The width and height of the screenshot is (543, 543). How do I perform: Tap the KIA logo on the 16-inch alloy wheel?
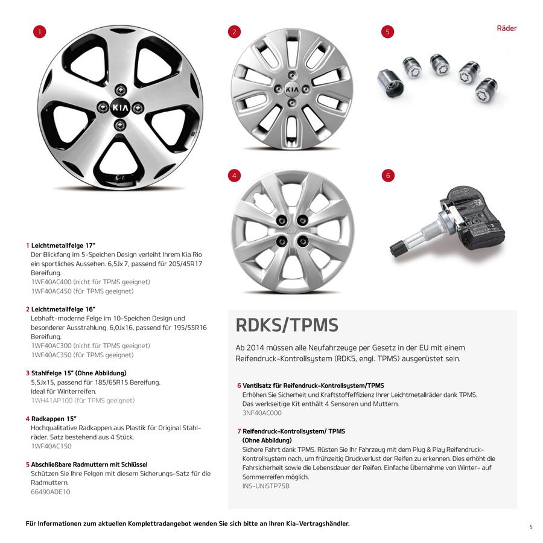[x=292, y=89]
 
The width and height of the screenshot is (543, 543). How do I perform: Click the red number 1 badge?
[x=40, y=32]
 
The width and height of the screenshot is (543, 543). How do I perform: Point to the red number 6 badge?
[x=388, y=176]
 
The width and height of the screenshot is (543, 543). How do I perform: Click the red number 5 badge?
[x=388, y=32]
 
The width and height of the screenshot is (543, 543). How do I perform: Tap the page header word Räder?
[x=506, y=28]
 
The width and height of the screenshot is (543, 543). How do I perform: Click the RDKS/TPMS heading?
[x=287, y=325]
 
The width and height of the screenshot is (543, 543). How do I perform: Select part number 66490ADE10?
[x=50, y=492]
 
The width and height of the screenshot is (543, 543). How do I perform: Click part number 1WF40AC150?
[x=51, y=446]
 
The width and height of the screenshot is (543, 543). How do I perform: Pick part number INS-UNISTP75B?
[x=265, y=486]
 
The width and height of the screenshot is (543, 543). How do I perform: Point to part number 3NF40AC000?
[x=261, y=413]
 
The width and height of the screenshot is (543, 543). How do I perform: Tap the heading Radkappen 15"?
[x=54, y=418]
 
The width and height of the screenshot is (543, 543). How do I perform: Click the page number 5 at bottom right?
[x=531, y=527]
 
